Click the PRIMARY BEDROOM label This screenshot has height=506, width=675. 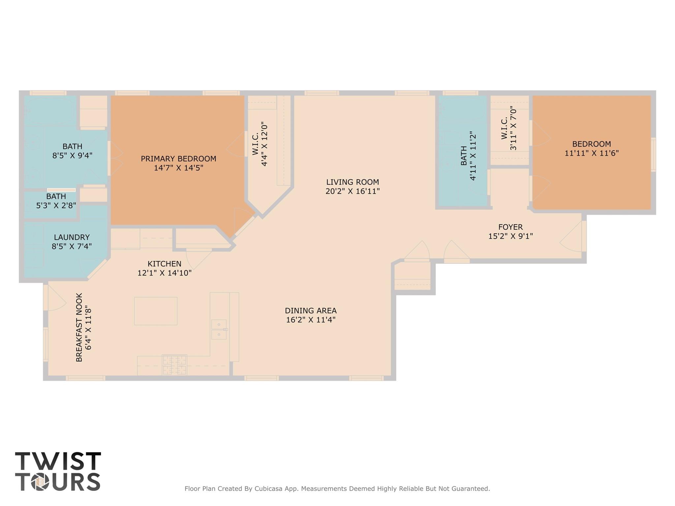click(x=178, y=159)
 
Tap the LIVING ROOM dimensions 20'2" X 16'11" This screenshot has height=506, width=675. click(x=353, y=191)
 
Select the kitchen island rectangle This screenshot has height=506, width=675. click(x=156, y=311)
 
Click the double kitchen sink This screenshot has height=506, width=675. click(x=219, y=329)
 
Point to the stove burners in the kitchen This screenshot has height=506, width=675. click(x=174, y=365)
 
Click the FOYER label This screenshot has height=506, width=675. click(x=510, y=227)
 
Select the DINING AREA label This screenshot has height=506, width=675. click(x=311, y=311)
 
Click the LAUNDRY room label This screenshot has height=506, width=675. click(x=72, y=237)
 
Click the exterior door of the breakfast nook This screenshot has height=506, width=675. click(x=46, y=298)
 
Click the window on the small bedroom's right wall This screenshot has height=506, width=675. click(x=653, y=155)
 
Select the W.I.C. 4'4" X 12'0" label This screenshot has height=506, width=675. click(x=259, y=144)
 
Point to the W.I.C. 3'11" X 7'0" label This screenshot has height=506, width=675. click(x=508, y=128)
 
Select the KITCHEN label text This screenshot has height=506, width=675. click(x=164, y=264)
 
